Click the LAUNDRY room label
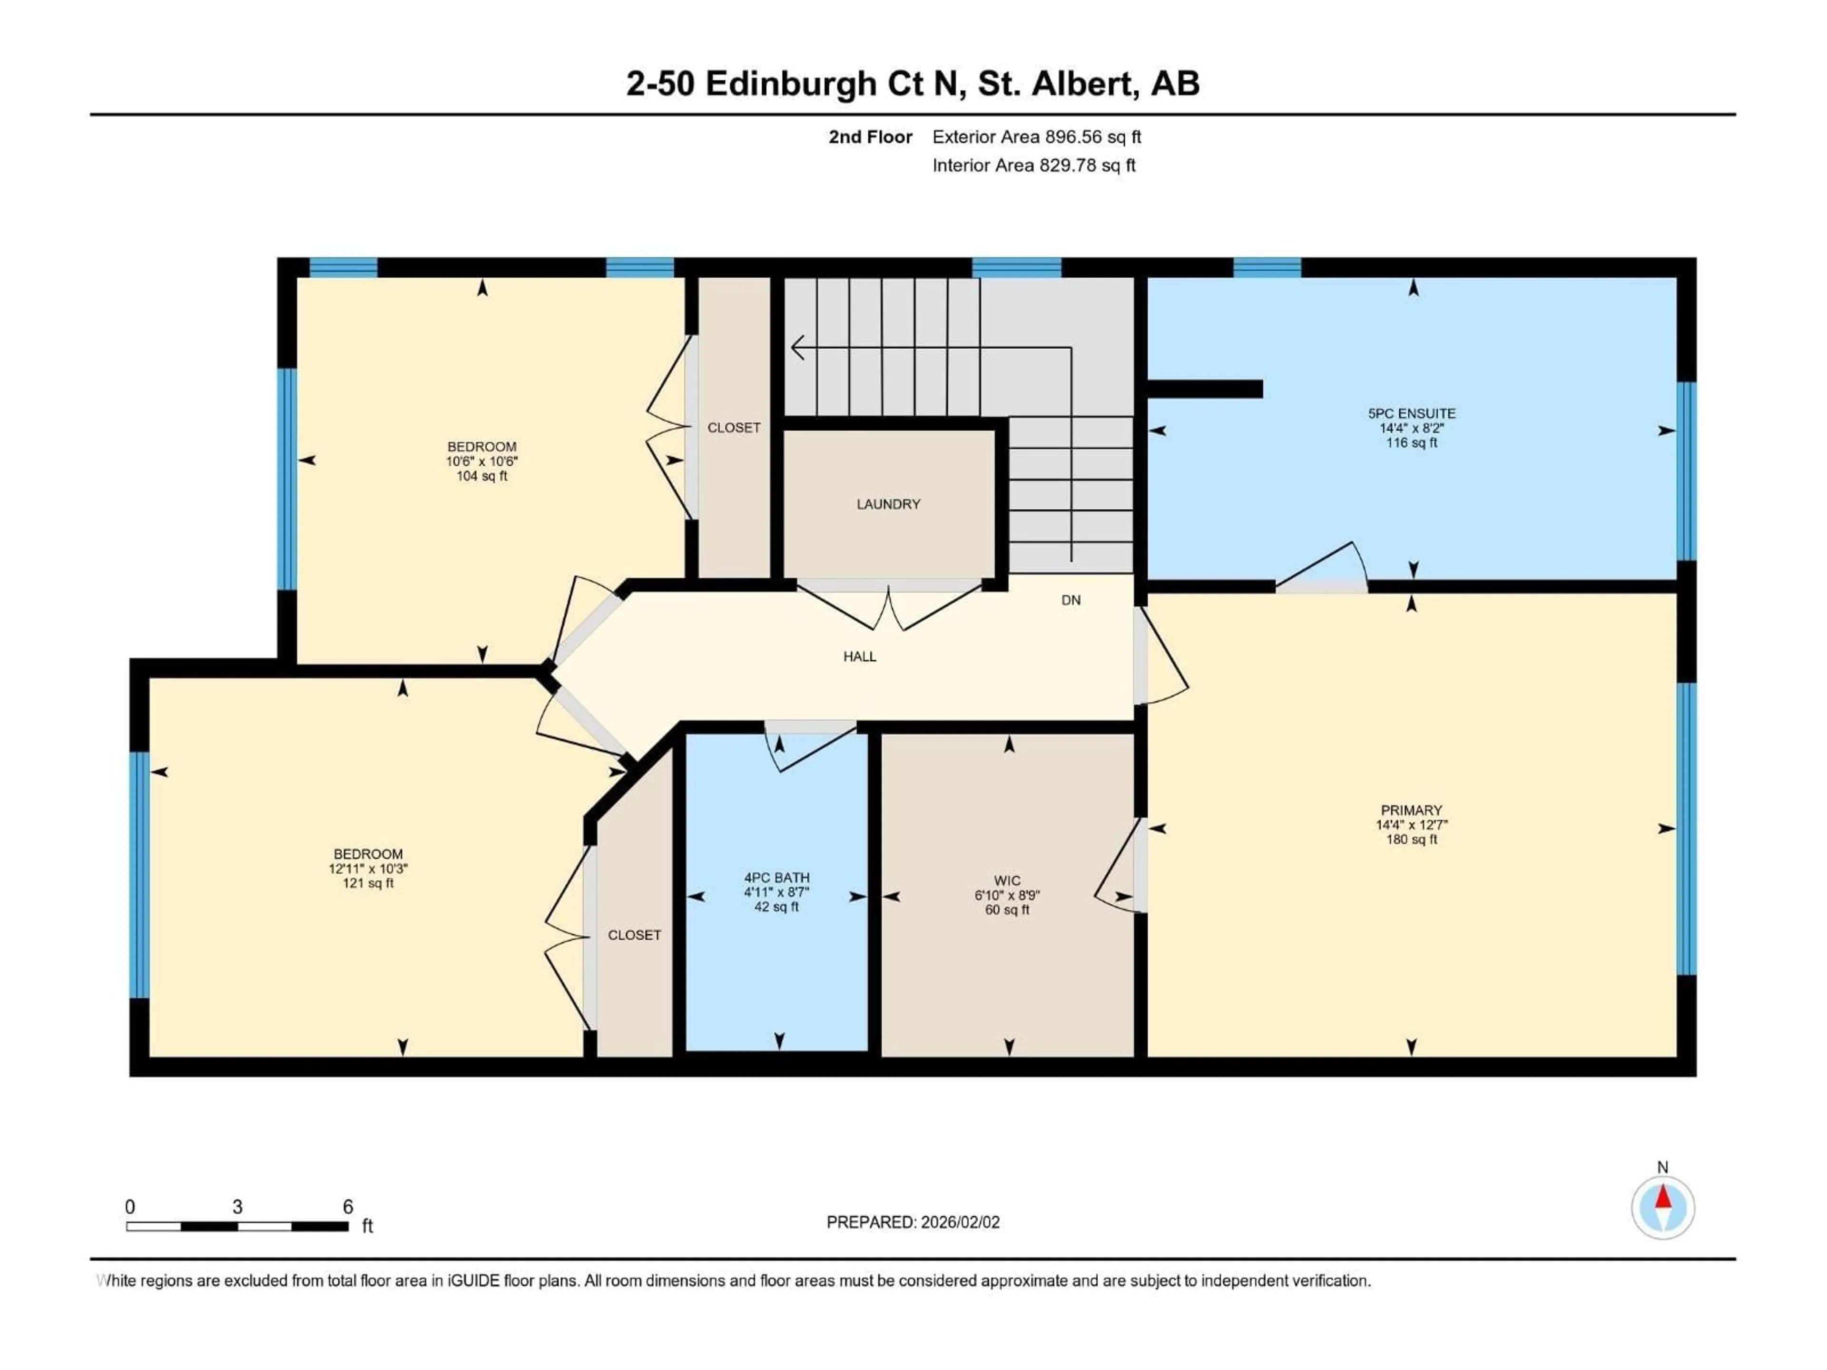[x=888, y=504]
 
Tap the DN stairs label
[x=1071, y=600]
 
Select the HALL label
[x=859, y=656]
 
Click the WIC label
[x=1007, y=881]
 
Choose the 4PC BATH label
[x=776, y=878]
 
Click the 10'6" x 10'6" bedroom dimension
[x=481, y=461]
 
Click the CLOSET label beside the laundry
[x=734, y=428]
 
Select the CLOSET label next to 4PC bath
[x=634, y=935]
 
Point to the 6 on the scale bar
[x=348, y=1206]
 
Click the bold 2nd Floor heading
[x=870, y=137]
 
